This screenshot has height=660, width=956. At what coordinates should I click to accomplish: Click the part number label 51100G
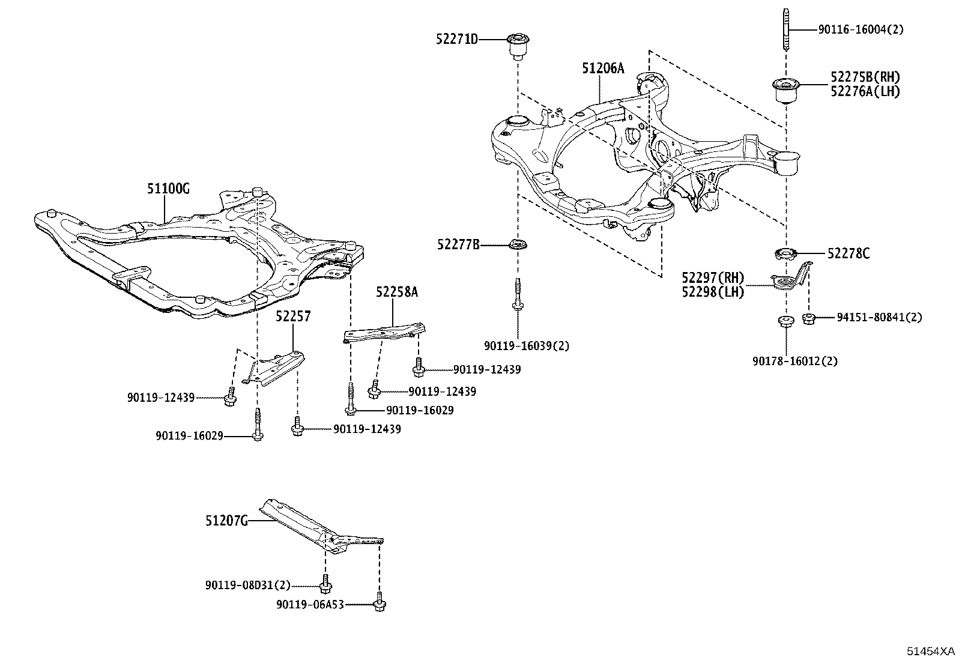pyautogui.click(x=168, y=189)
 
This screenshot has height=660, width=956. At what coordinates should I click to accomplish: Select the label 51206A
pyautogui.click(x=602, y=68)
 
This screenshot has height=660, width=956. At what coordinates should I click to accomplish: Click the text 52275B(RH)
pyautogui.click(x=865, y=77)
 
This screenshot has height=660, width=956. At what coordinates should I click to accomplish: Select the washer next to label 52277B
pyautogui.click(x=517, y=245)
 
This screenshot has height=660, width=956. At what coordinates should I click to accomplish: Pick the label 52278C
pyautogui.click(x=848, y=254)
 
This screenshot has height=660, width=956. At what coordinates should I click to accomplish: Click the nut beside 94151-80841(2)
pyautogui.click(x=808, y=317)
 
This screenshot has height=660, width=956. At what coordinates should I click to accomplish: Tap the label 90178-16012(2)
pyautogui.click(x=794, y=361)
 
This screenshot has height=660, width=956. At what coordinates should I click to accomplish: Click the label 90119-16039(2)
pyautogui.click(x=527, y=346)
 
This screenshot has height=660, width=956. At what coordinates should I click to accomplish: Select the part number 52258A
pyautogui.click(x=397, y=292)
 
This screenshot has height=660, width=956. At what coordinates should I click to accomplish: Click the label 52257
pyautogui.click(x=293, y=316)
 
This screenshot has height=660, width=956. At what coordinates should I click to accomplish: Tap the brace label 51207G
pyautogui.click(x=226, y=521)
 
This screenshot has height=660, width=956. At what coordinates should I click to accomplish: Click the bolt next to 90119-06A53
pyautogui.click(x=379, y=603)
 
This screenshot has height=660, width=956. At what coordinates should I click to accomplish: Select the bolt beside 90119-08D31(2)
pyautogui.click(x=326, y=584)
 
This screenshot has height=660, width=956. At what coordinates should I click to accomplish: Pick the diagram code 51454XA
pyautogui.click(x=930, y=651)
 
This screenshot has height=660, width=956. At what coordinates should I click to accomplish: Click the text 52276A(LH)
pyautogui.click(x=865, y=91)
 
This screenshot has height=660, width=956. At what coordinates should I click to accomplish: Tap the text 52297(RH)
pyautogui.click(x=712, y=278)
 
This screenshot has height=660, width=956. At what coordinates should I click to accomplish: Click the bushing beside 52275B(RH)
pyautogui.click(x=784, y=89)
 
